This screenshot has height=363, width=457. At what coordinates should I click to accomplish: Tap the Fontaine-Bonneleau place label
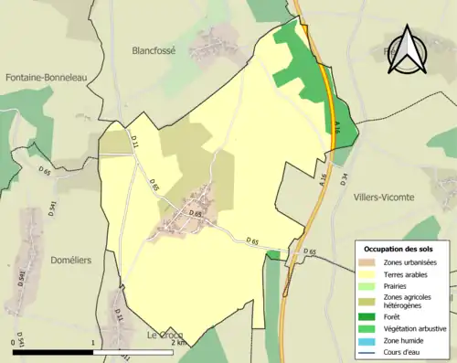pyautogui.click(x=45, y=79)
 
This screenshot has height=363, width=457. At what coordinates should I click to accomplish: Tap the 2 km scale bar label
pyautogui.click(x=177, y=343)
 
